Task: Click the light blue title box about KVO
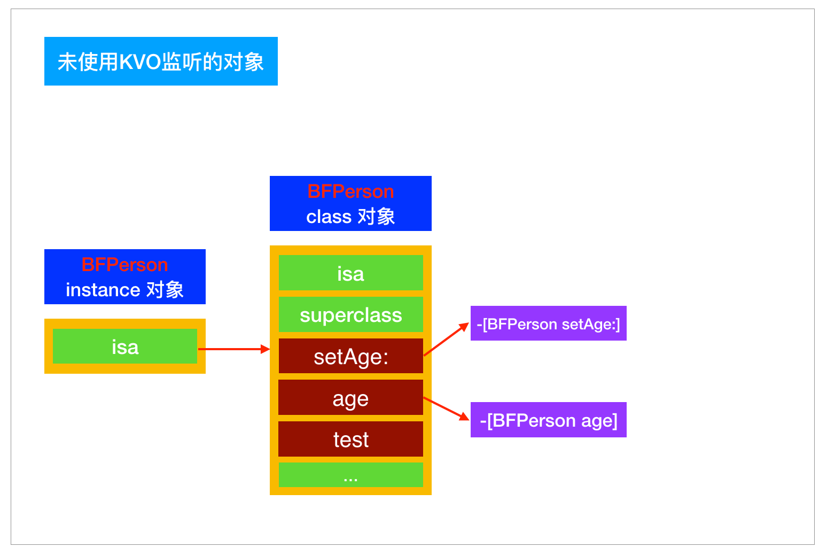click(x=161, y=61)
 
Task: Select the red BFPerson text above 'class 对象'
click(x=350, y=191)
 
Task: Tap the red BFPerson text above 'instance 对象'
click(x=124, y=265)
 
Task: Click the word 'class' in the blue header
click(x=329, y=217)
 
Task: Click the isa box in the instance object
click(x=125, y=346)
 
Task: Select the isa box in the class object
click(x=350, y=273)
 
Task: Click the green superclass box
click(x=350, y=315)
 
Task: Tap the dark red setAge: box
click(x=350, y=357)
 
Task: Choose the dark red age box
click(x=350, y=398)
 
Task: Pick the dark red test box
click(x=350, y=440)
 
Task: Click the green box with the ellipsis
click(x=350, y=475)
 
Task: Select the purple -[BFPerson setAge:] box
click(x=548, y=323)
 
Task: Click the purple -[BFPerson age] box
click(x=548, y=420)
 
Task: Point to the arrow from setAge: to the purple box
click(x=446, y=340)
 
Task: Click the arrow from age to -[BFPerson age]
click(x=446, y=408)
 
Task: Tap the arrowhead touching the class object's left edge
click(x=266, y=349)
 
